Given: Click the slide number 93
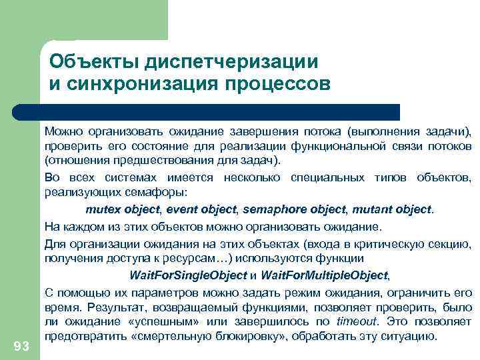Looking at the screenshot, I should click(21, 345).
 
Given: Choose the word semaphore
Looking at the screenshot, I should click(271, 209).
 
